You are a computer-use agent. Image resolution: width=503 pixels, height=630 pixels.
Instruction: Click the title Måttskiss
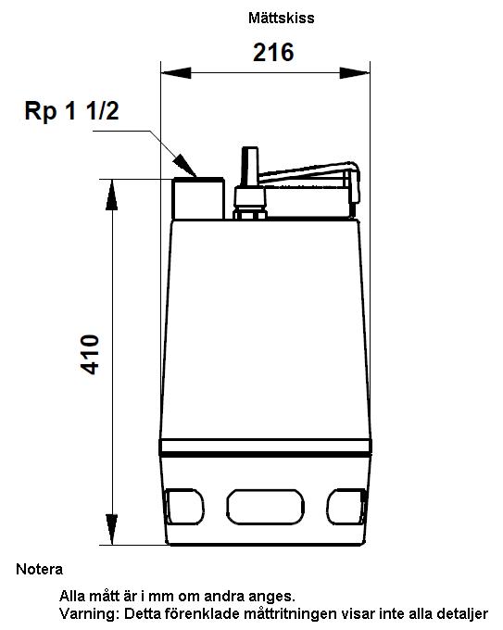pyautogui.click(x=282, y=18)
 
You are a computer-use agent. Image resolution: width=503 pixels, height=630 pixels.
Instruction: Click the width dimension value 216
pyautogui.click(x=273, y=52)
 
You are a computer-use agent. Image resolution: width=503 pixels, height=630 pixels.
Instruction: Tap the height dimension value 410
pyautogui.click(x=90, y=354)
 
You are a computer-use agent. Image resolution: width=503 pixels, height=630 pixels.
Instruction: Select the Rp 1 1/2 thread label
pyautogui.click(x=71, y=111)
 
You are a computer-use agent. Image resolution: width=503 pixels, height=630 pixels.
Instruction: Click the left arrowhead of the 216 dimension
pyautogui.click(x=176, y=73)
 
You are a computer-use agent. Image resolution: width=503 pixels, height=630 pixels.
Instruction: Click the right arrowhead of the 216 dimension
pyautogui.click(x=355, y=73)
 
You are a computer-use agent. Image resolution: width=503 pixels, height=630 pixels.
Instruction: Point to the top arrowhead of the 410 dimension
pyautogui.click(x=112, y=195)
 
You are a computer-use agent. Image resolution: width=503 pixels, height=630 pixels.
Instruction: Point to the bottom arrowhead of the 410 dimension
pyautogui.click(x=112, y=530)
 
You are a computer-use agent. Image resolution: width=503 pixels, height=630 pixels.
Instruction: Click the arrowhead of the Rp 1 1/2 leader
pyautogui.click(x=185, y=166)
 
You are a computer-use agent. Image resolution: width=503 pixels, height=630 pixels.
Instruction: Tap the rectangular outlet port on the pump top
pyautogui.click(x=198, y=198)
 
